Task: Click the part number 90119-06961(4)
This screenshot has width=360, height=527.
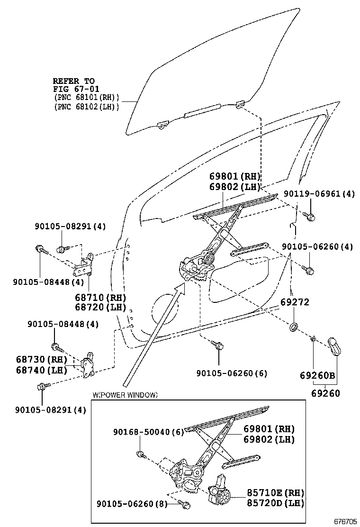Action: click(319, 193)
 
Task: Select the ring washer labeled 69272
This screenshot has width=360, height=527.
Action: click(294, 327)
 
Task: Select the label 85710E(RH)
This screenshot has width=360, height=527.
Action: click(275, 493)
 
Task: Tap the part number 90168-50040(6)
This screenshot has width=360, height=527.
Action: click(148, 432)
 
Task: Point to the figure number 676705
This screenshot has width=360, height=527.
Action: click(345, 521)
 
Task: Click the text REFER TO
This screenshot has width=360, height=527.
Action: click(73, 81)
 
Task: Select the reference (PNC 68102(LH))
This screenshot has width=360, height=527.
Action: click(86, 107)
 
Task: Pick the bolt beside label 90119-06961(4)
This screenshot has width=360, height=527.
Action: click(311, 217)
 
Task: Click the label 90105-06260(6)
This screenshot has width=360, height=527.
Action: click(232, 373)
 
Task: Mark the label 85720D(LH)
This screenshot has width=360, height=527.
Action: click(275, 503)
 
